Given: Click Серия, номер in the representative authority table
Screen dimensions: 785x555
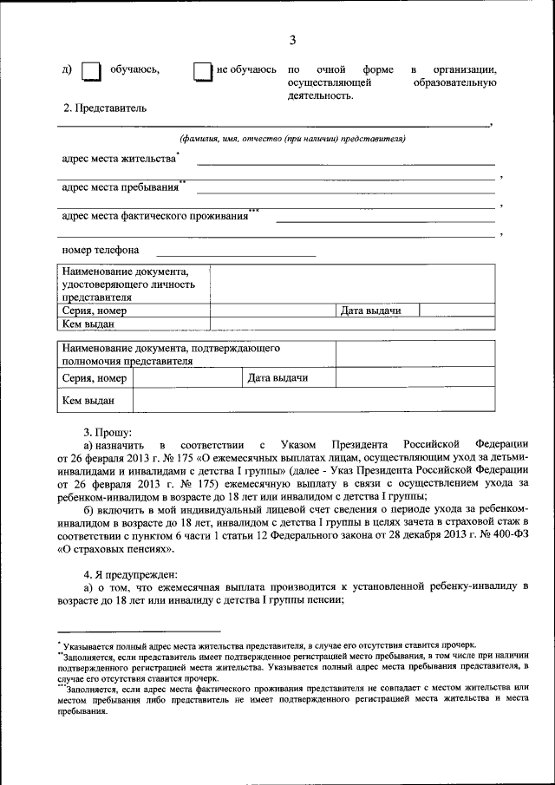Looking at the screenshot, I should tap(94, 378).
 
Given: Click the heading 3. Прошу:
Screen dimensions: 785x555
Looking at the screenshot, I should tap(108, 430).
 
